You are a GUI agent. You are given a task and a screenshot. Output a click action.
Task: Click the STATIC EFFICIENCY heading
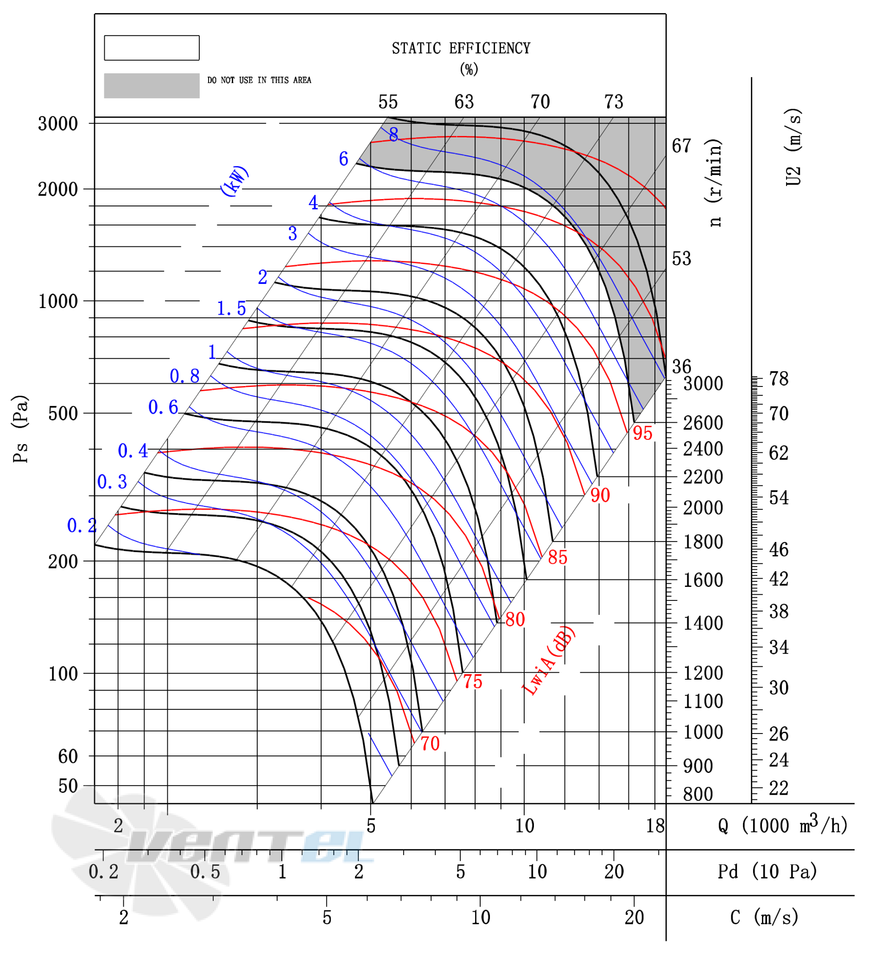tap(461, 48)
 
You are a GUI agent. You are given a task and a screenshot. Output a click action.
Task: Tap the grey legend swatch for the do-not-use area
tap(152, 85)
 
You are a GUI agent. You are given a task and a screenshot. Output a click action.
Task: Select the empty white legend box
tap(152, 48)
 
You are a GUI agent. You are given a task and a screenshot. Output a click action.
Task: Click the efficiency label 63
tap(464, 102)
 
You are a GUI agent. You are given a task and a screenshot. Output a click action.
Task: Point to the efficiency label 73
tap(614, 102)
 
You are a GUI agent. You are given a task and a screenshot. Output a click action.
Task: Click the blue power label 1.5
tap(231, 308)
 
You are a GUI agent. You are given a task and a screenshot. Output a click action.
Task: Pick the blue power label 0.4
tap(133, 451)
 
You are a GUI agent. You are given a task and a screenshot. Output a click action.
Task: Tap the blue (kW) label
tap(235, 180)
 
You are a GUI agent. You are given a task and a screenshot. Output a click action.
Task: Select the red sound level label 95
tap(642, 433)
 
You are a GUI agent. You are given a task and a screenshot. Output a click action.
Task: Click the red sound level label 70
tap(430, 744)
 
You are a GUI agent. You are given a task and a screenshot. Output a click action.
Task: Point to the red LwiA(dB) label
tap(549, 661)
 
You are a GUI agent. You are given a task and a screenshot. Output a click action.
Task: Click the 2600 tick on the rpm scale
tap(703, 423)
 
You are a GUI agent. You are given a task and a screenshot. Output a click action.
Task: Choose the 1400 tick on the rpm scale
tap(703, 624)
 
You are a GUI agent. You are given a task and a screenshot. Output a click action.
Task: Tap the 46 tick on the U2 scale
tap(779, 550)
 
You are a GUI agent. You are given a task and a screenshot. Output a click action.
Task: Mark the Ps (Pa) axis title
tap(21, 429)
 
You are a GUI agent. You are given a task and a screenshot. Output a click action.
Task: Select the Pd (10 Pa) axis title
tap(768, 871)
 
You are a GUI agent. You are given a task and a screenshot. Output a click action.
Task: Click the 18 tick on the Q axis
tap(655, 826)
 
